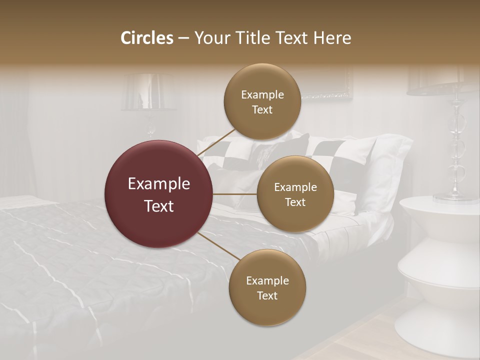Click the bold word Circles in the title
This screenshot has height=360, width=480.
[x=147, y=38]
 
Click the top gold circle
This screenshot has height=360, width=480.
[x=262, y=101]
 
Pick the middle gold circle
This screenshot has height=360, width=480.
[x=295, y=194]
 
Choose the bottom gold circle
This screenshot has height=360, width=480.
[x=267, y=287]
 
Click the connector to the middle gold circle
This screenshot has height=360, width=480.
[x=235, y=194]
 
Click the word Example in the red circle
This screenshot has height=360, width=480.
[x=159, y=184]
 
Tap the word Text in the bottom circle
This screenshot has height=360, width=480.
[x=267, y=295]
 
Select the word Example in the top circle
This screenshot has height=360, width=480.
[x=262, y=94]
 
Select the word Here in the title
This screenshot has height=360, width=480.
[x=332, y=38]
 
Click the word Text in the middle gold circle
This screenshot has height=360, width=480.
[x=295, y=202]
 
